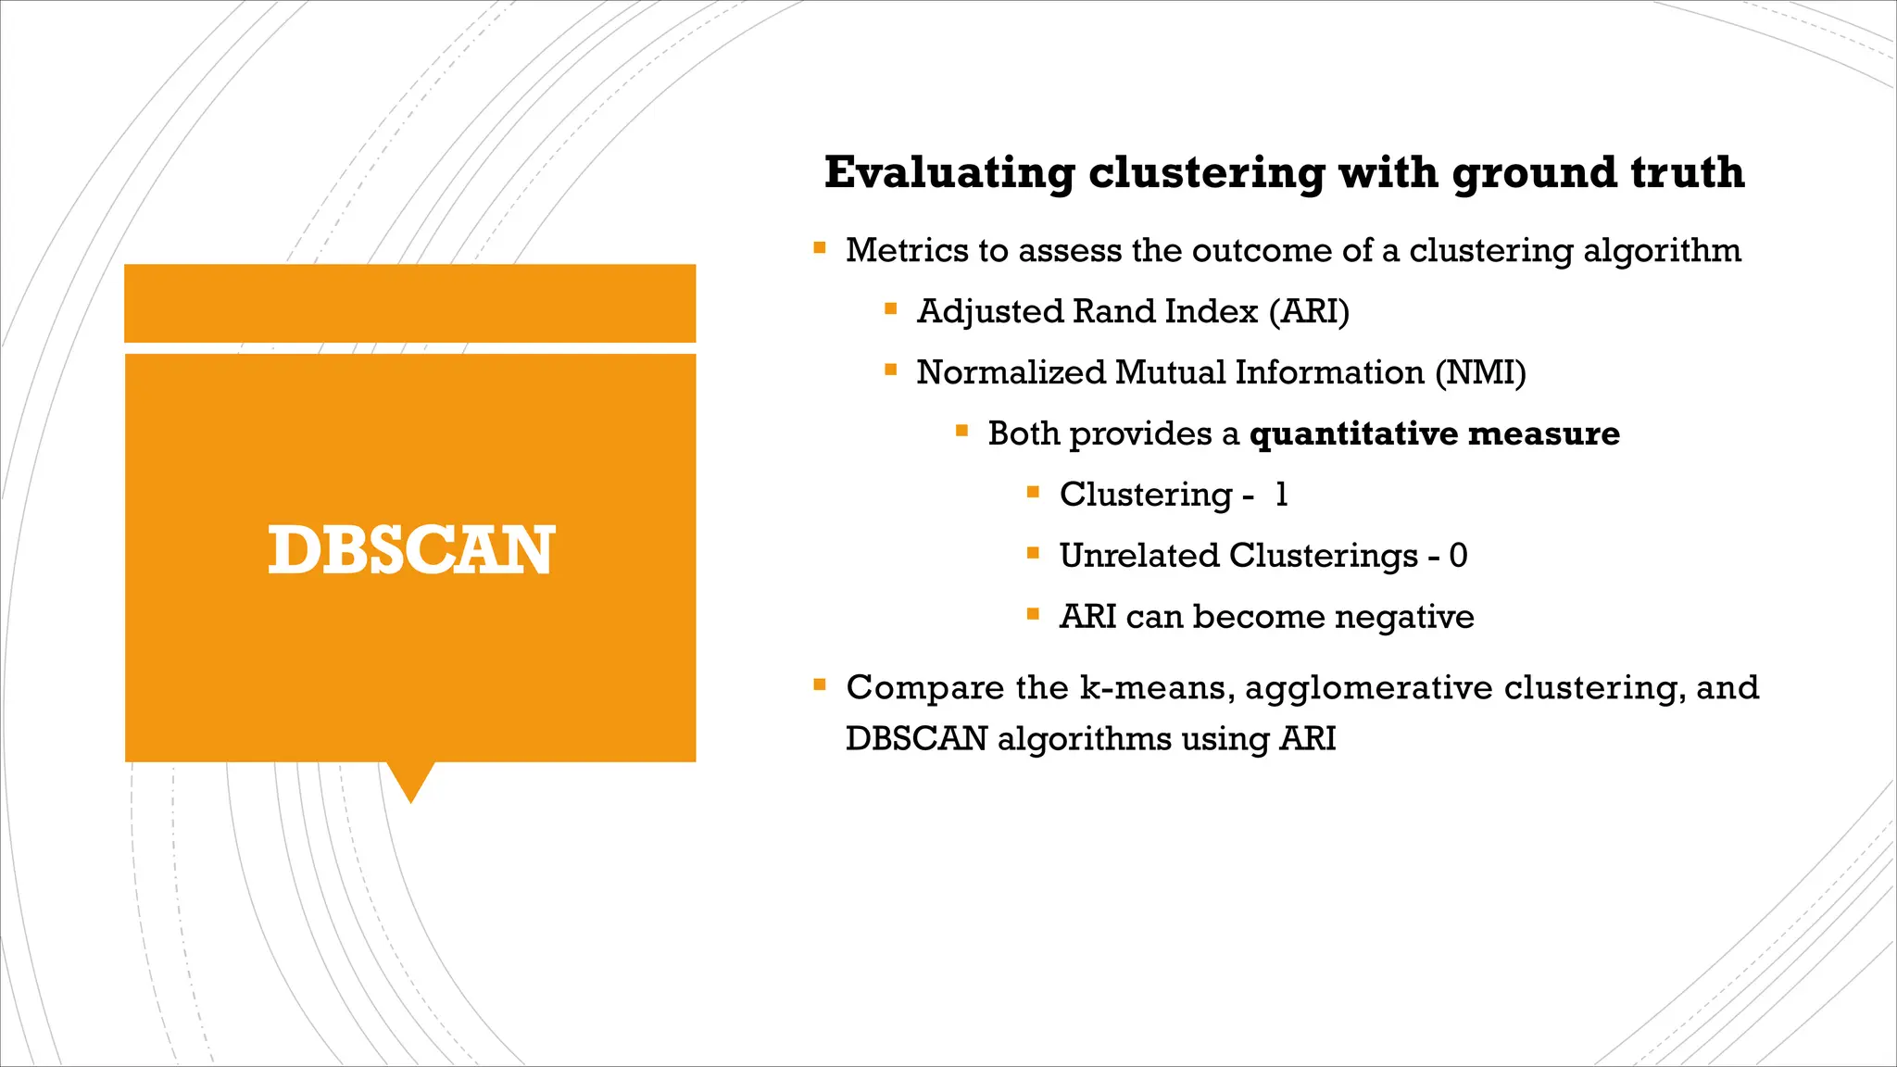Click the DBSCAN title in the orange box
tap(410, 550)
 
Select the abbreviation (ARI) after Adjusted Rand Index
tap(1309, 311)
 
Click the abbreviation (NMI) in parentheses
tap(1480, 372)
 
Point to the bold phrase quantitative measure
tap(1434, 433)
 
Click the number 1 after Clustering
tap(1281, 495)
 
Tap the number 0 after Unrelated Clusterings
tap(1458, 556)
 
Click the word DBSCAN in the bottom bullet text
tap(916, 739)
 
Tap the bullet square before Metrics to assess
tap(820, 248)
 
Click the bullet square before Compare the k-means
tap(820, 685)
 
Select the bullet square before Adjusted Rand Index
tap(891, 309)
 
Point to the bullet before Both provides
tap(962, 431)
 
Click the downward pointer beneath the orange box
tap(410, 782)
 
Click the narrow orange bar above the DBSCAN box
tap(410, 303)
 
